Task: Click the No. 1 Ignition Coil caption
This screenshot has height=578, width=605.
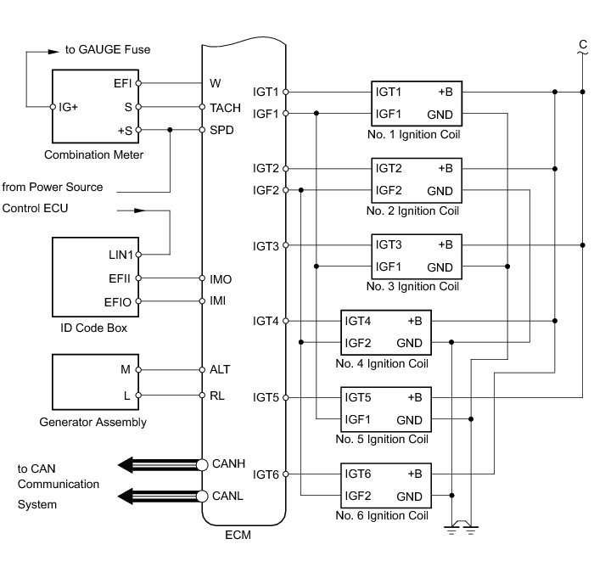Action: (413, 134)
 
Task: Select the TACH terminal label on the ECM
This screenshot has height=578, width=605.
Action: (224, 108)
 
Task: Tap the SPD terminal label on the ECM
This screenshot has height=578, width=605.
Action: (221, 130)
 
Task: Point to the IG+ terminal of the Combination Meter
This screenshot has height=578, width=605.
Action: (69, 108)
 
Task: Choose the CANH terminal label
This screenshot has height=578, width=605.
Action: (228, 464)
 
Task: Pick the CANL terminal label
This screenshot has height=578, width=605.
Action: (227, 496)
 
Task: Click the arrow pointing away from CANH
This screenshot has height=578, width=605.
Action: (156, 464)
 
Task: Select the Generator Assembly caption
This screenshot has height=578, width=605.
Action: (93, 422)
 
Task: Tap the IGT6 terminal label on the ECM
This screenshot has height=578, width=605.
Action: (266, 474)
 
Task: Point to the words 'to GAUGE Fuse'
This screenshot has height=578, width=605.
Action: (108, 50)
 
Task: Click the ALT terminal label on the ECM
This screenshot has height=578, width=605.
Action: (220, 369)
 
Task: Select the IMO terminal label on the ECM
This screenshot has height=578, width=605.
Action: (221, 278)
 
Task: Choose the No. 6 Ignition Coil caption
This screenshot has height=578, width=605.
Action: (382, 515)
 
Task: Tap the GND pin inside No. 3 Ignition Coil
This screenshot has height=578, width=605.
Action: (440, 267)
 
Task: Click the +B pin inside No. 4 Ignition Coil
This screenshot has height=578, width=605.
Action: (415, 322)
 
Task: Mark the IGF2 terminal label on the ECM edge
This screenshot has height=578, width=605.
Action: (266, 190)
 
